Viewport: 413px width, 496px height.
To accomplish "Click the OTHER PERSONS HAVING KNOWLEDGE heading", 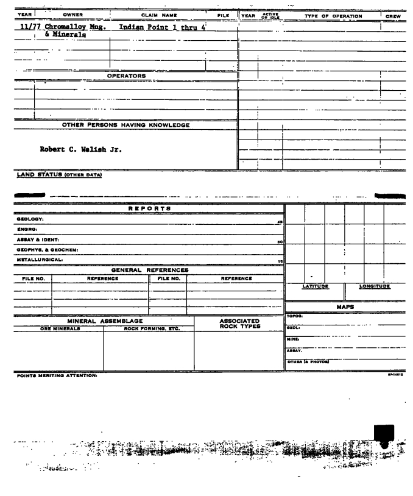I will point(126,126).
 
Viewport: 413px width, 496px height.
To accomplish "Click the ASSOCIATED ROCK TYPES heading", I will point(238,324).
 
